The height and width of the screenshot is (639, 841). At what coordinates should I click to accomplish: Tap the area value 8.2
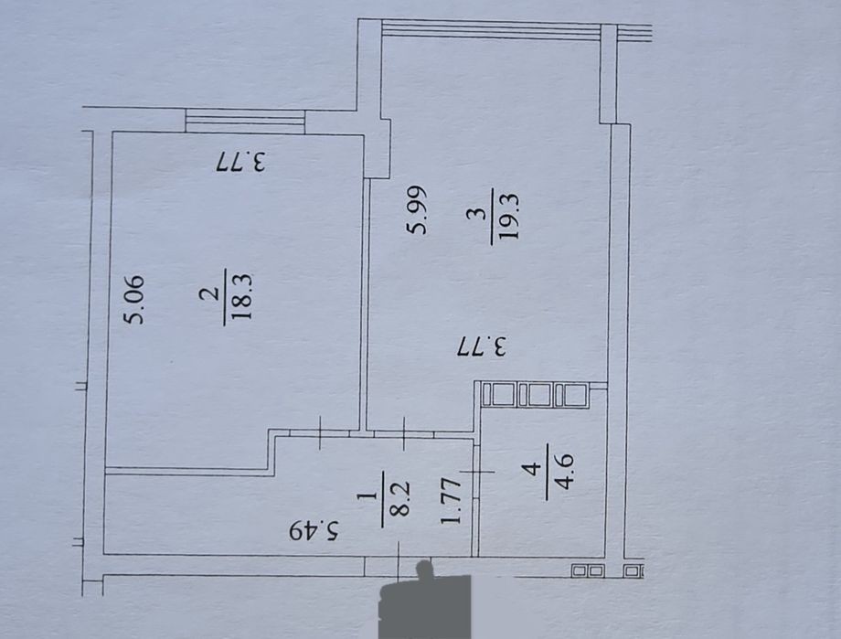coord(400,498)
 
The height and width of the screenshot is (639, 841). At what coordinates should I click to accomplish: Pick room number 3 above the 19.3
coord(478,215)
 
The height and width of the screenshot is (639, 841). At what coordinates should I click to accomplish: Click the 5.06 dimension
coord(133,300)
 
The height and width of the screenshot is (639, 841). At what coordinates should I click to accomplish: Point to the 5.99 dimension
coord(417,210)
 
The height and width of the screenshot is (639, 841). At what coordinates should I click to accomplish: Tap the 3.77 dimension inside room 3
coord(482,346)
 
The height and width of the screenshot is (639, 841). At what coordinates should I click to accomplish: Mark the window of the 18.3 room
coord(245,121)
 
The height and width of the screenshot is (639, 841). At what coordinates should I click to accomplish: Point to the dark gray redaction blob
coord(424,603)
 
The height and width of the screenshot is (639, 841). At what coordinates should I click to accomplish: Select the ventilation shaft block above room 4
coord(535,394)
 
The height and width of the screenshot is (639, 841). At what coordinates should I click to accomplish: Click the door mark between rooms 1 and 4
coord(476,472)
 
